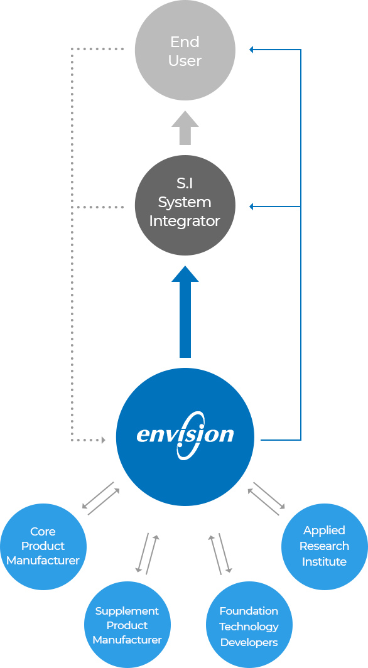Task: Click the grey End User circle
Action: click(185, 50)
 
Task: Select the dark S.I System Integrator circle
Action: click(185, 205)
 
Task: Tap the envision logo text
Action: click(185, 436)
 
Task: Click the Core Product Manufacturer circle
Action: click(43, 546)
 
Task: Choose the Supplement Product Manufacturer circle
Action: click(127, 625)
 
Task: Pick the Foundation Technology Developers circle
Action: click(249, 625)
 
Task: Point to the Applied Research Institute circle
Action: click(324, 546)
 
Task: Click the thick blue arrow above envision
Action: click(185, 311)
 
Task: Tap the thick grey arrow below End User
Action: click(185, 127)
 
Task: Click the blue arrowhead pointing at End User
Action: click(251, 50)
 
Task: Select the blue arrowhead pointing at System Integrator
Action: click(251, 207)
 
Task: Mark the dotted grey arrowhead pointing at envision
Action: click(102, 439)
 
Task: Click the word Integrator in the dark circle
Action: click(185, 221)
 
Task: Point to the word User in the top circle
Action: click(185, 60)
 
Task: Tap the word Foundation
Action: click(249, 611)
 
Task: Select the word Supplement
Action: click(127, 611)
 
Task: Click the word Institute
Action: click(324, 561)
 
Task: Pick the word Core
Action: click(43, 532)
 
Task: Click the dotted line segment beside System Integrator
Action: click(97, 207)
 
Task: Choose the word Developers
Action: click(249, 642)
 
